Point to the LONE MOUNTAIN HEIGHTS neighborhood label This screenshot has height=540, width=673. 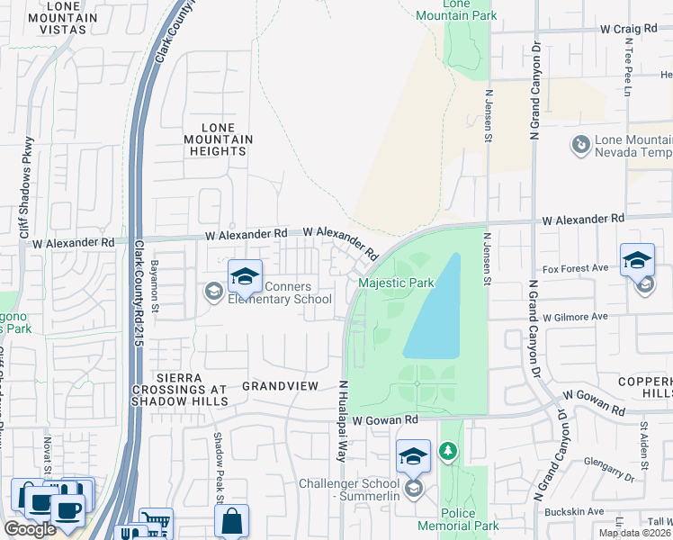pyautogui.click(x=218, y=139)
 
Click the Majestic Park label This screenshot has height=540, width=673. pyautogui.click(x=397, y=283)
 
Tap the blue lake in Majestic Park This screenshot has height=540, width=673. pyautogui.click(x=435, y=310)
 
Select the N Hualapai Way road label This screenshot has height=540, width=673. pyautogui.click(x=343, y=421)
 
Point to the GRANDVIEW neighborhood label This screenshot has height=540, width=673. pyautogui.click(x=280, y=385)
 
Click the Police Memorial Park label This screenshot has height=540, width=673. pyautogui.click(x=458, y=518)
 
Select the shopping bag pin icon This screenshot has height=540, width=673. pyautogui.click(x=232, y=520)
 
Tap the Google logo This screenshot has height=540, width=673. pyautogui.click(x=30, y=529)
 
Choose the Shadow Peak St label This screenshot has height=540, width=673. pyautogui.click(x=217, y=456)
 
